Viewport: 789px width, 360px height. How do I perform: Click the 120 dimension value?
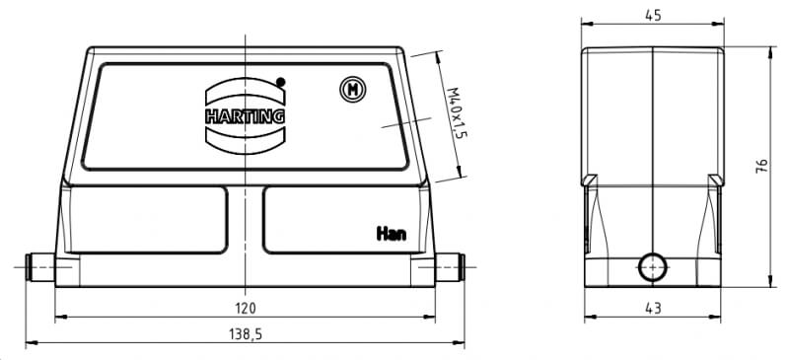(x=245, y=308)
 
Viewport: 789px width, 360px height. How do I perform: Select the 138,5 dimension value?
(x=246, y=333)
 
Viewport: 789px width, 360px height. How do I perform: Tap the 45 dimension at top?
(x=653, y=16)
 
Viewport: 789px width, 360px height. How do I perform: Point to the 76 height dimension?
(x=761, y=166)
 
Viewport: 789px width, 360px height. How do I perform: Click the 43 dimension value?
(x=653, y=308)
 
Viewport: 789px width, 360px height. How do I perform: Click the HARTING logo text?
(x=245, y=116)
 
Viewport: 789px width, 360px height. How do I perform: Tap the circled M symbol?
(x=353, y=90)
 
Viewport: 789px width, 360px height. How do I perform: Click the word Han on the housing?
(x=392, y=234)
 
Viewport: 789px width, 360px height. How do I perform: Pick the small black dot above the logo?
(x=281, y=82)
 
